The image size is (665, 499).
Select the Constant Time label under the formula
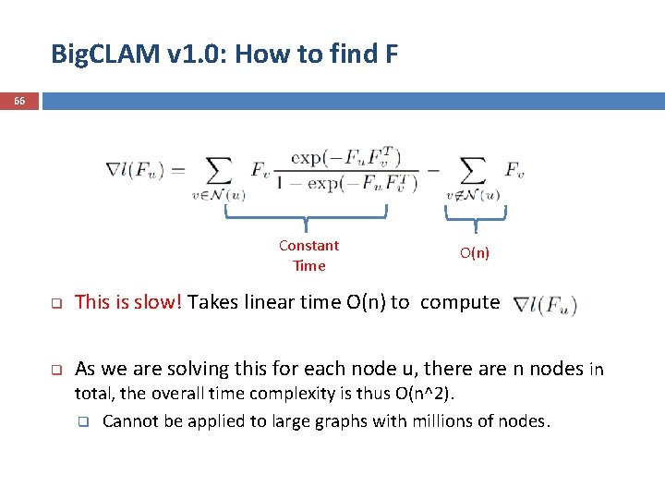tap(308, 255)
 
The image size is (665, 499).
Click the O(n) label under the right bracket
tap(475, 253)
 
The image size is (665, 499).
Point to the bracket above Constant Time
tap(307, 214)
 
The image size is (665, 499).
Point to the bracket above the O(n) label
tap(476, 214)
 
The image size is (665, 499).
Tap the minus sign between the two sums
tap(431, 170)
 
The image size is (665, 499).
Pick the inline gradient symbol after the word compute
tap(545, 304)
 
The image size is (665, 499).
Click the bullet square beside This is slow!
tap(54, 303)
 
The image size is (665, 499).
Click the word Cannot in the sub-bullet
tap(128, 421)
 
